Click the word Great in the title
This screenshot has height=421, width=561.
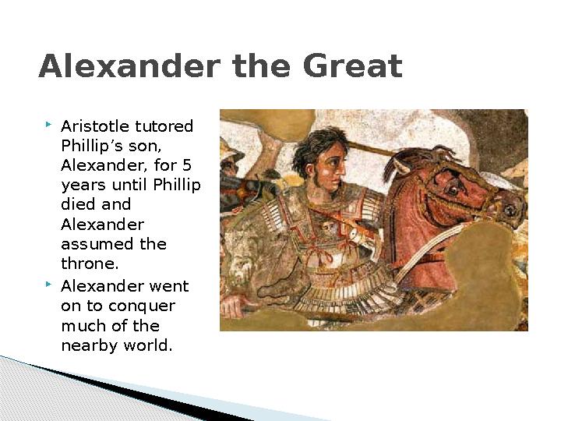click(353, 65)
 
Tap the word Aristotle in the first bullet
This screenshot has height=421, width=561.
click(95, 126)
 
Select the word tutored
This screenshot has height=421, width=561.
click(164, 126)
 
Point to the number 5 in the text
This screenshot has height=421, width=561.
click(187, 165)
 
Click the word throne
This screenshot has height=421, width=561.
click(90, 264)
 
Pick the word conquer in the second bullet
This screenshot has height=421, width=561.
click(142, 307)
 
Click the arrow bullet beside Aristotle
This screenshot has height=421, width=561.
click(48, 125)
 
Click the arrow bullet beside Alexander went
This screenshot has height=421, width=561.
click(48, 285)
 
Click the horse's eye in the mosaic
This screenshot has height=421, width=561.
click(453, 189)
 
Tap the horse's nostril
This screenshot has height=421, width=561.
click(510, 210)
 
